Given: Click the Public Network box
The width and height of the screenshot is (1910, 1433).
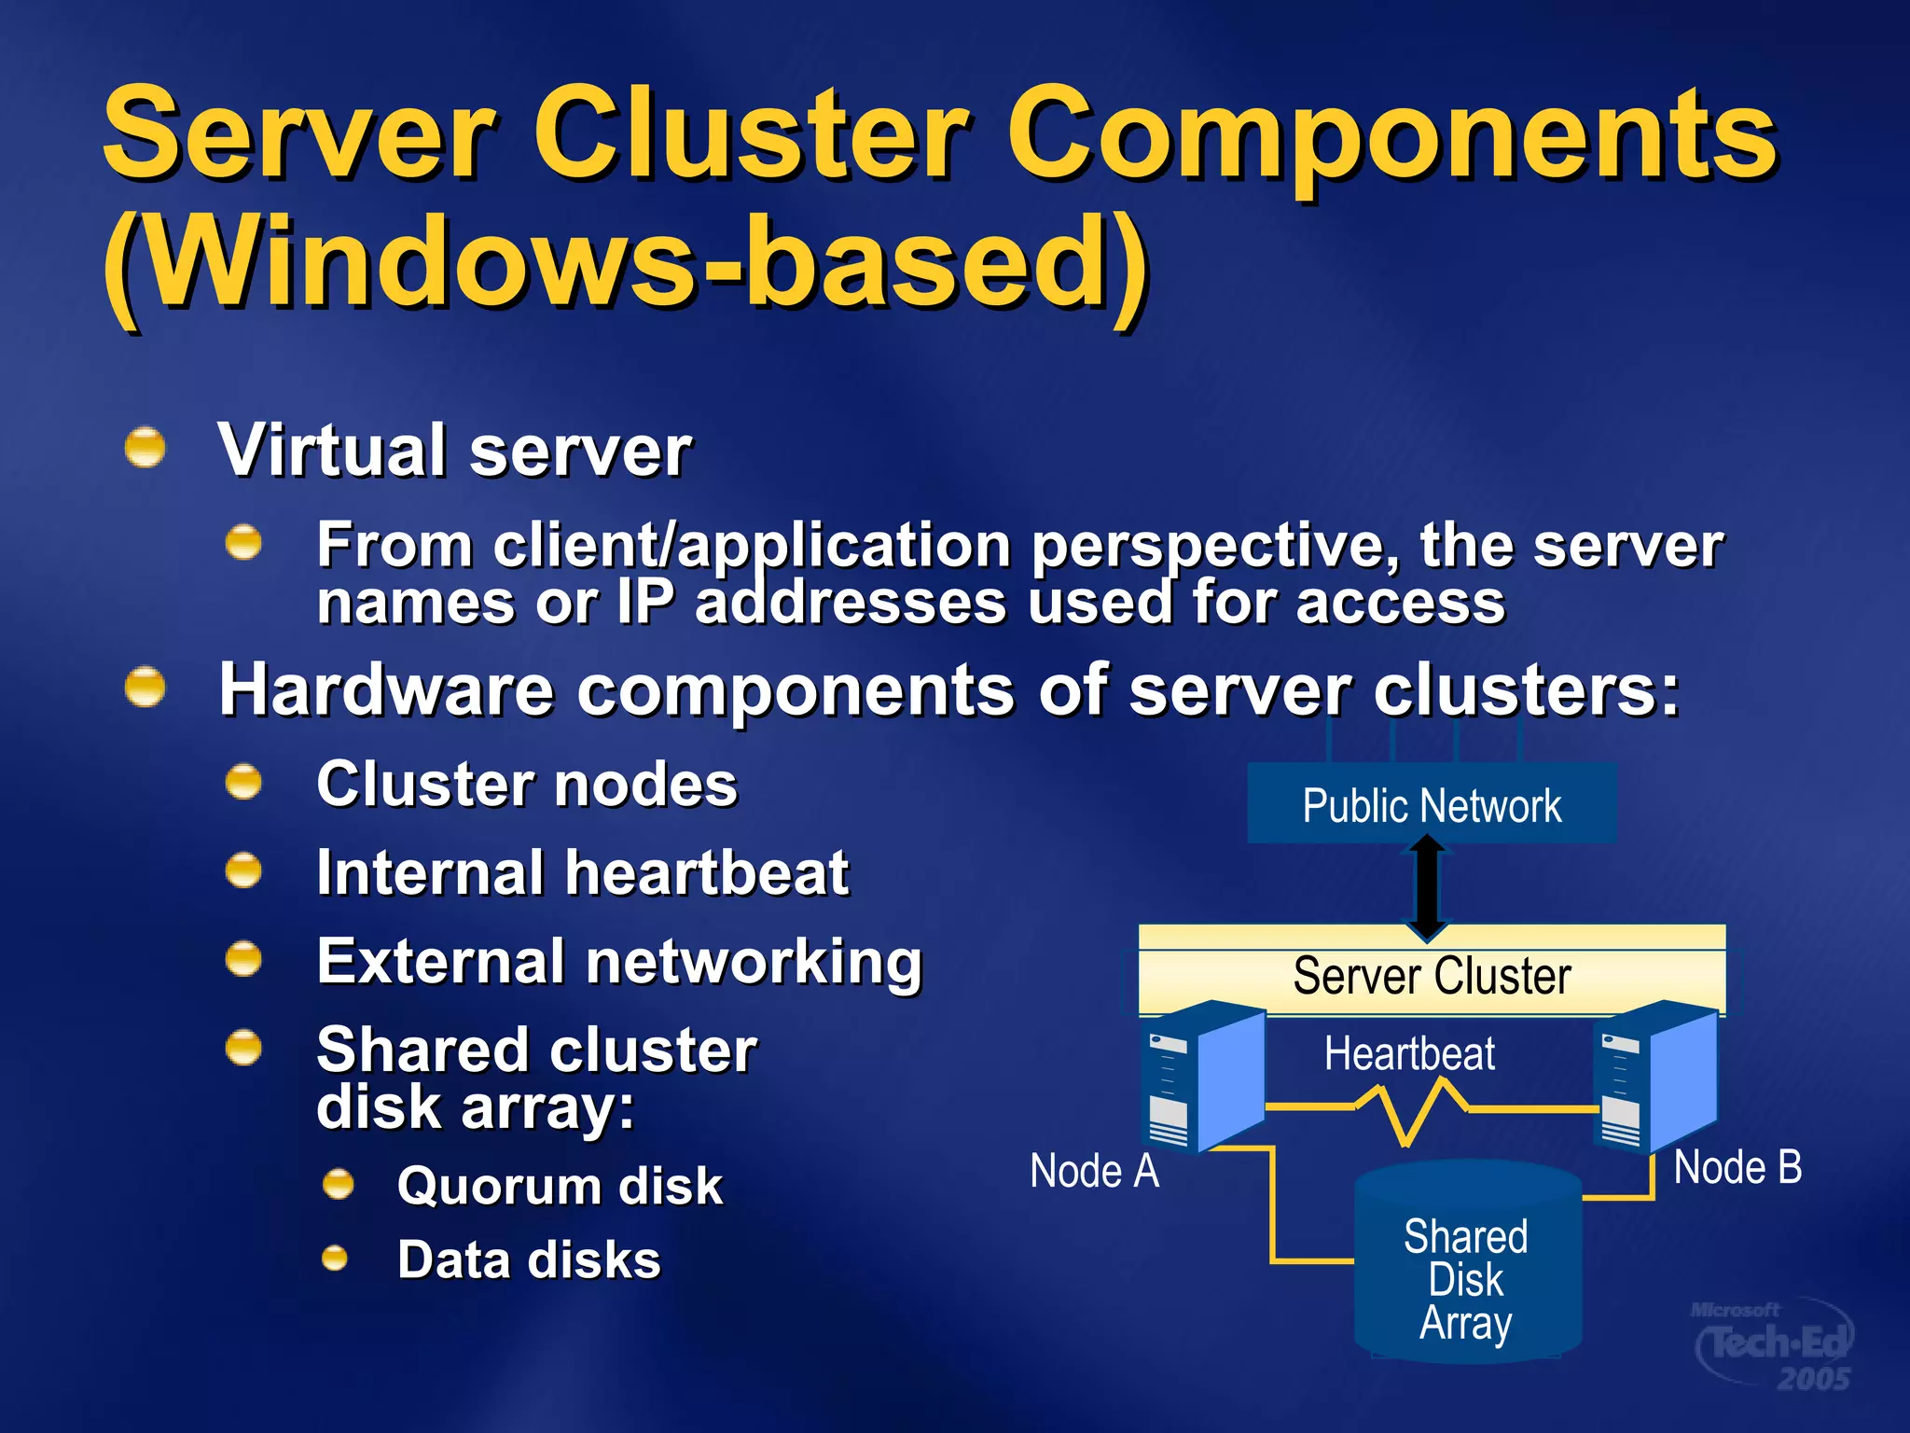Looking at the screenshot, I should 1431,804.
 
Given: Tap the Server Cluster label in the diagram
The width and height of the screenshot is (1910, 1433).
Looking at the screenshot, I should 1432,977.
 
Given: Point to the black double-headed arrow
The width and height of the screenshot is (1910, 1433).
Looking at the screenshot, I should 1427,886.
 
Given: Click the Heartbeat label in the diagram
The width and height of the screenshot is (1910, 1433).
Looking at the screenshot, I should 1409,1054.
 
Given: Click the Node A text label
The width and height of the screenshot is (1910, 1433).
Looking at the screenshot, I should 1094,1171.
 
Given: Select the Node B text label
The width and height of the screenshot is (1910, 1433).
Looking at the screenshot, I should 1737,1167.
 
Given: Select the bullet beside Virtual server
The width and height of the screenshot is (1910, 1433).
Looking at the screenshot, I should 145,448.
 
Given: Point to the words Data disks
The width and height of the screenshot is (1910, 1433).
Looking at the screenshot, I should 529,1259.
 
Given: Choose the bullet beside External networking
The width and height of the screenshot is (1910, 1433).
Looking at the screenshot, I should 244,959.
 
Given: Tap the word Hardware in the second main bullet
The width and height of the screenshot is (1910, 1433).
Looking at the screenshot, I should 386,690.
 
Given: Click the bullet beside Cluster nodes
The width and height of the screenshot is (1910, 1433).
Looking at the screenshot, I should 244,782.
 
